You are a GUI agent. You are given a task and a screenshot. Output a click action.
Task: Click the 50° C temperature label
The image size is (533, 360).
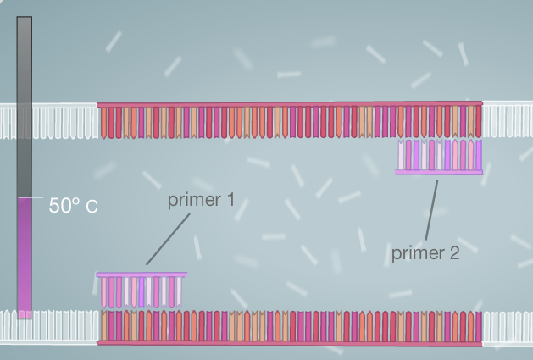click(74, 205)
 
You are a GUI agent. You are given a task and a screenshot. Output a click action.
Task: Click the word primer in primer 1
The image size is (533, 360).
click(194, 200)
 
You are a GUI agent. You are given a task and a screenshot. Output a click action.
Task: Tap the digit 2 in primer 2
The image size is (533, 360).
click(454, 253)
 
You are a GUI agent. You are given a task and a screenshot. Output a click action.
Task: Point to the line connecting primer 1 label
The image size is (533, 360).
click(168, 239)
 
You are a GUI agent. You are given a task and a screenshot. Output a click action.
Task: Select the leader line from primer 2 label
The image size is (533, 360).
click(431, 210)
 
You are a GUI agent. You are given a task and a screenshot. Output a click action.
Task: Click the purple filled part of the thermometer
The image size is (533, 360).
click(25, 258)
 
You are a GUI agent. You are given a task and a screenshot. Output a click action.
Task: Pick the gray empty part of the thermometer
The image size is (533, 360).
click(25, 107)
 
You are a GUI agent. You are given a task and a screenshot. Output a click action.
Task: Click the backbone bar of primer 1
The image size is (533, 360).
click(142, 274)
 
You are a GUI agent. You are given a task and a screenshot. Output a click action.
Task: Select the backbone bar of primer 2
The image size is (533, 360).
click(438, 172)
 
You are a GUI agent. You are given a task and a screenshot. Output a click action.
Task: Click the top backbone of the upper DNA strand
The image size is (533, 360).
click(290, 104)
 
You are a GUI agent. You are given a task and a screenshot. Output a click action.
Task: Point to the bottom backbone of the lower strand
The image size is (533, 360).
click(290, 343)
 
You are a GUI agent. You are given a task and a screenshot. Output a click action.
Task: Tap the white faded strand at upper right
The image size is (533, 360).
click(508, 119)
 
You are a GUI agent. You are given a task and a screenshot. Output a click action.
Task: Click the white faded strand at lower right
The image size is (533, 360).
click(508, 327)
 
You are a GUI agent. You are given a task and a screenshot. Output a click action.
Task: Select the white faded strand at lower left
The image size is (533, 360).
click(49, 327)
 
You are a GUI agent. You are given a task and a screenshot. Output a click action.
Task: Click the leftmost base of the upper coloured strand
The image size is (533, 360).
click(104, 123)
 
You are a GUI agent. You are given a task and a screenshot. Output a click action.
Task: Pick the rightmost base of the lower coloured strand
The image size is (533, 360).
click(479, 326)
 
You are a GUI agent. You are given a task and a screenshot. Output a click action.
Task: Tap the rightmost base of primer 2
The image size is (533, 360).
click(479, 155)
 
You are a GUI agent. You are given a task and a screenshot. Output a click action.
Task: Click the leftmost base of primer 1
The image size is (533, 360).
click(104, 292)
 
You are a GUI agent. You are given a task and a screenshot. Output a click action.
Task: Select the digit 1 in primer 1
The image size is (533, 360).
click(232, 200)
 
